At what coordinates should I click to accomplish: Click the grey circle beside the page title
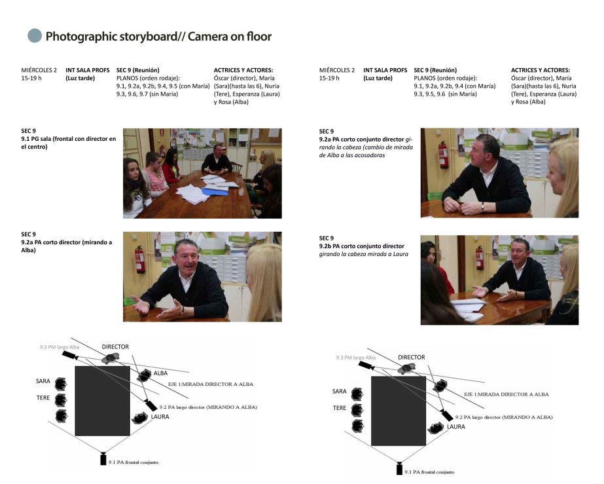(x=35, y=36)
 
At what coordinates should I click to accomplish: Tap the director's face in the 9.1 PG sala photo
(x=216, y=150)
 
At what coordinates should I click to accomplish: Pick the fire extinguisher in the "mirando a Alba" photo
(x=139, y=258)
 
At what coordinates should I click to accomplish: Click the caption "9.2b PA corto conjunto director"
(x=362, y=246)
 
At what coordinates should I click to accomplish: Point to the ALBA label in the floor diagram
(x=160, y=373)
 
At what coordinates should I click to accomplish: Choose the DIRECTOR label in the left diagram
(x=115, y=346)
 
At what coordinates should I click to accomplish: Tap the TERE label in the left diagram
(x=43, y=398)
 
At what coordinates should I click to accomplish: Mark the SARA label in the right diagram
(x=339, y=391)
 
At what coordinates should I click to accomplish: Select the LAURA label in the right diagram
(x=456, y=426)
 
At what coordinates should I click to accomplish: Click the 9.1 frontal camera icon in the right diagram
(x=399, y=468)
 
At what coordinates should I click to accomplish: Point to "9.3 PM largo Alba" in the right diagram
(x=355, y=358)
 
